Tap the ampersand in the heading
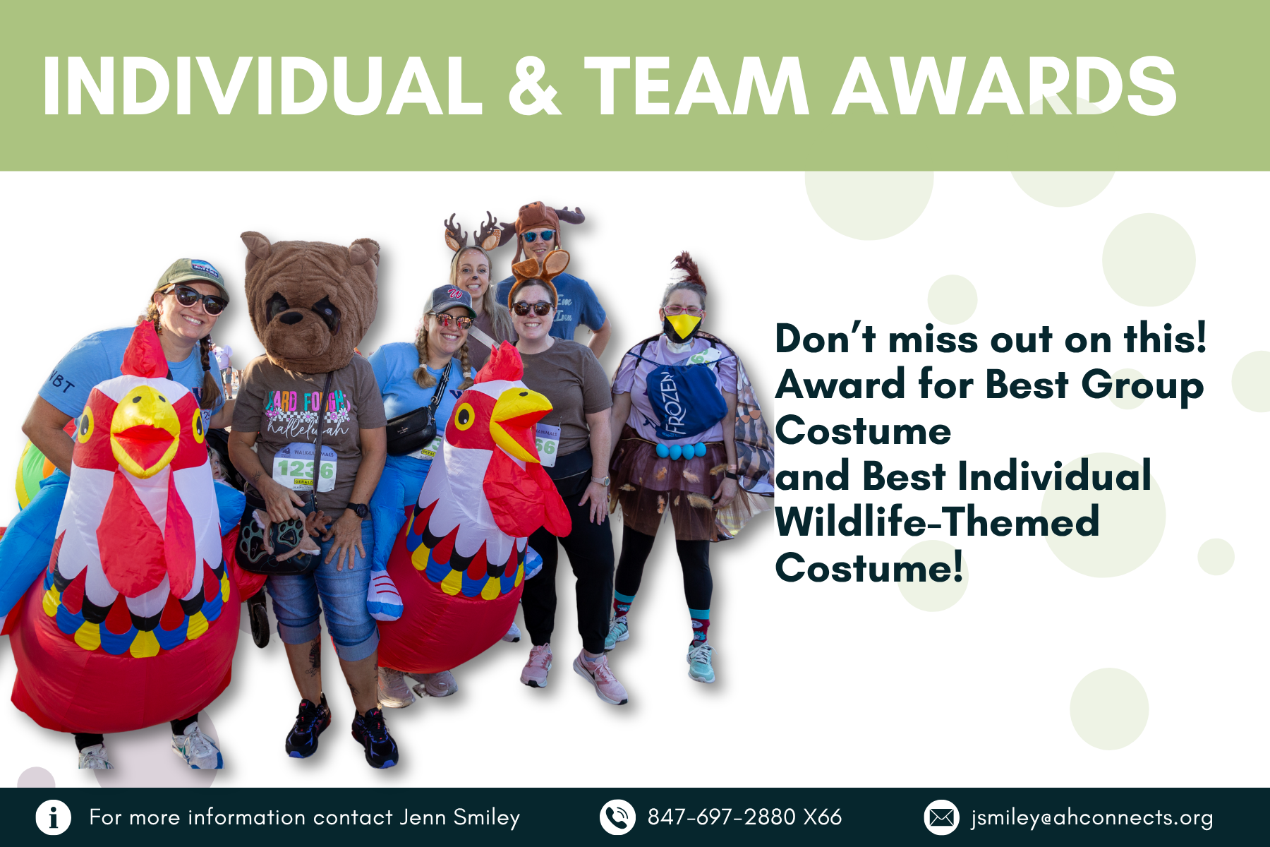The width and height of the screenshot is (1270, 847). tap(534, 86)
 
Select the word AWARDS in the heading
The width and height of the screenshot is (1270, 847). tap(1005, 86)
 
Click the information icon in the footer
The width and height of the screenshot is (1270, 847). tap(53, 817)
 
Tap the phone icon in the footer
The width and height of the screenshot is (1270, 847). tap(617, 817)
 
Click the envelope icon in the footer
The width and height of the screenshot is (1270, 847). tap(941, 817)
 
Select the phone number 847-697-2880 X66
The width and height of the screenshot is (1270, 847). tap(744, 817)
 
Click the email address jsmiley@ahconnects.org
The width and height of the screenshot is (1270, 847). tap(1091, 818)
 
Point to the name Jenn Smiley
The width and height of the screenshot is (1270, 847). tap(459, 817)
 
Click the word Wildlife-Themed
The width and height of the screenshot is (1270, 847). tap(937, 522)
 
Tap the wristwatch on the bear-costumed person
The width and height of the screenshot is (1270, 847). tap(358, 510)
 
